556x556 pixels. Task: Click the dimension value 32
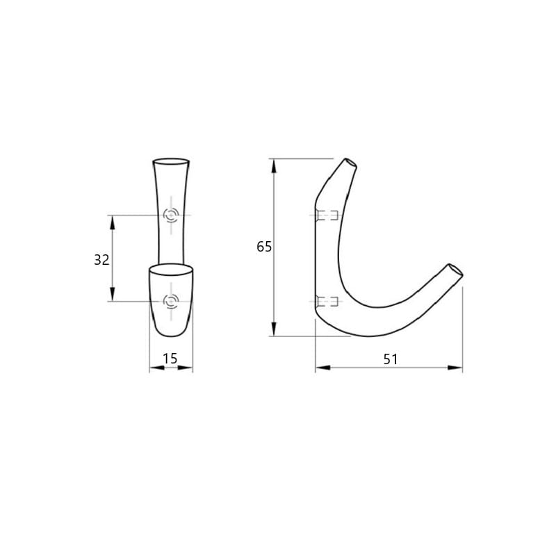[101, 260]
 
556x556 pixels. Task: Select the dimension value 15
[170, 359]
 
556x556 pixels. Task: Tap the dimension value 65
[264, 247]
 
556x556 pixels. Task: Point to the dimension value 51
[391, 359]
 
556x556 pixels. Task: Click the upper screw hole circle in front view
[171, 215]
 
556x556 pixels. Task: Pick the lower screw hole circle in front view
[171, 302]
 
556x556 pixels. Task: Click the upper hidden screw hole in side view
[327, 215]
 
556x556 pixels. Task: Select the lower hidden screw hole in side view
[327, 302]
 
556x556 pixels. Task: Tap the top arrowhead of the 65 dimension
[274, 166]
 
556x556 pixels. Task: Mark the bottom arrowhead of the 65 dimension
[274, 329]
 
